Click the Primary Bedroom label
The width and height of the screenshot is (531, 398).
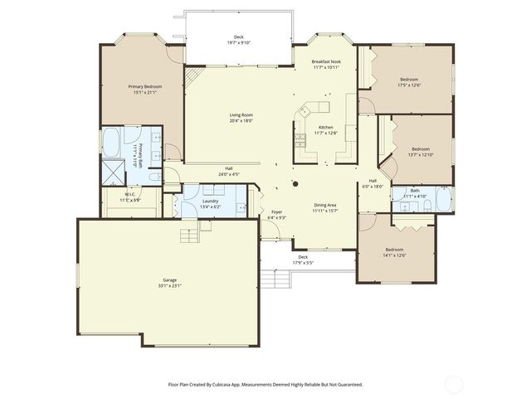point(144,86)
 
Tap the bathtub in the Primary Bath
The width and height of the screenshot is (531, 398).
point(132,138)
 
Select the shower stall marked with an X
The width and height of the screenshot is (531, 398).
point(111,171)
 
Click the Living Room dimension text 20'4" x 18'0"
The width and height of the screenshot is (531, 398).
point(241,121)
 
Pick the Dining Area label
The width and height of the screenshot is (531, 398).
point(324,205)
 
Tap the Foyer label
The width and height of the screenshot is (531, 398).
point(277,212)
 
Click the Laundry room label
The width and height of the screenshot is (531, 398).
point(211,201)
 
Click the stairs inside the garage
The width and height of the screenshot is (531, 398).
point(192,235)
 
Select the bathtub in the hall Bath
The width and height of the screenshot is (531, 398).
point(445,199)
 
